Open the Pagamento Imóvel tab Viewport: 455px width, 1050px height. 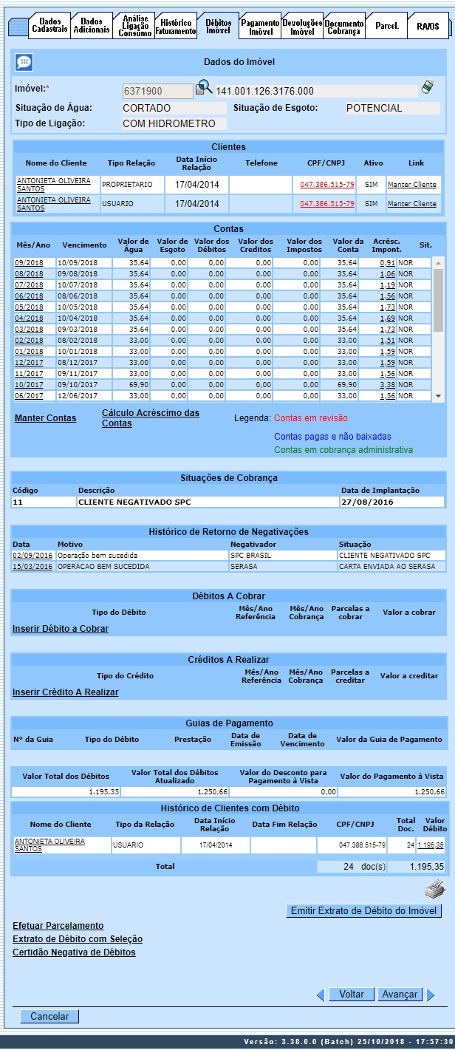tap(261, 27)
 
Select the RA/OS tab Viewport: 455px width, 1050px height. tap(427, 27)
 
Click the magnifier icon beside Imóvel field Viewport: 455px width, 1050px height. tap(203, 89)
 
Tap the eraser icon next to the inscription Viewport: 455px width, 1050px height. tap(428, 89)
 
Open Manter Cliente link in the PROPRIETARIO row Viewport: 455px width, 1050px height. tap(411, 184)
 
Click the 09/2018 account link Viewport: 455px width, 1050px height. tap(30, 262)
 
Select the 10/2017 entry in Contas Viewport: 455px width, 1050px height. tap(30, 385)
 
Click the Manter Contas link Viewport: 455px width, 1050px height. tap(45, 418)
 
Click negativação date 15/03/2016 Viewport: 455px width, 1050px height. tap(32, 567)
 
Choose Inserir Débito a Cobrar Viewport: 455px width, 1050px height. tap(61, 629)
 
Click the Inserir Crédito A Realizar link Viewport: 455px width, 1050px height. tap(65, 692)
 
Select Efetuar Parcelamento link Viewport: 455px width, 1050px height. tap(58, 926)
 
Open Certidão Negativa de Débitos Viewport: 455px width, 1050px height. tap(74, 952)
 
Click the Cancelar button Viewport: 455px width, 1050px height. tap(49, 1017)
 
